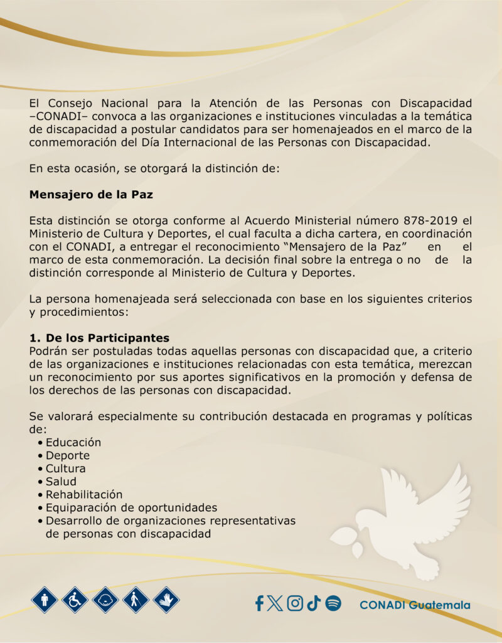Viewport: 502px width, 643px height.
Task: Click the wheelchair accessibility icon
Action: click(x=75, y=600)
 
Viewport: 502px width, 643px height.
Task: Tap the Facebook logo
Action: click(x=259, y=603)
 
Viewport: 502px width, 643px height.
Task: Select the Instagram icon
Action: click(x=295, y=603)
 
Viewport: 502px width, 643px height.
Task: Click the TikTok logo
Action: click(x=314, y=603)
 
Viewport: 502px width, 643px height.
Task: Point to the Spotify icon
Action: click(x=333, y=603)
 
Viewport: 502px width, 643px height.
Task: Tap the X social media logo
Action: click(x=275, y=603)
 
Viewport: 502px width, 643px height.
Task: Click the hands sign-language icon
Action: click(x=166, y=600)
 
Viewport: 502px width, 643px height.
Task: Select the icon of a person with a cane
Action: click(x=136, y=600)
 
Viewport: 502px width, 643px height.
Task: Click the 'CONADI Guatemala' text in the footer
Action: click(x=415, y=605)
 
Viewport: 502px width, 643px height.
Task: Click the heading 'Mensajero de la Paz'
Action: click(x=91, y=195)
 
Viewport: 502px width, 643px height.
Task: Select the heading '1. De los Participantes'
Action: click(x=99, y=338)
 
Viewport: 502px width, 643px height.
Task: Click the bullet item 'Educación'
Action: click(x=73, y=442)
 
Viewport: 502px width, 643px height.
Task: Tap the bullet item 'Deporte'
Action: click(x=67, y=455)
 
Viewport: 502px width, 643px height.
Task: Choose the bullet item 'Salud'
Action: click(x=61, y=482)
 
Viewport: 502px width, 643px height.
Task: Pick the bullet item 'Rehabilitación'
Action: click(x=84, y=495)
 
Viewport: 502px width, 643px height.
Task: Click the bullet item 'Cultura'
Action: click(x=65, y=468)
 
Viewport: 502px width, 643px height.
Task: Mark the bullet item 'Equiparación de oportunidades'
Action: click(x=131, y=507)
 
